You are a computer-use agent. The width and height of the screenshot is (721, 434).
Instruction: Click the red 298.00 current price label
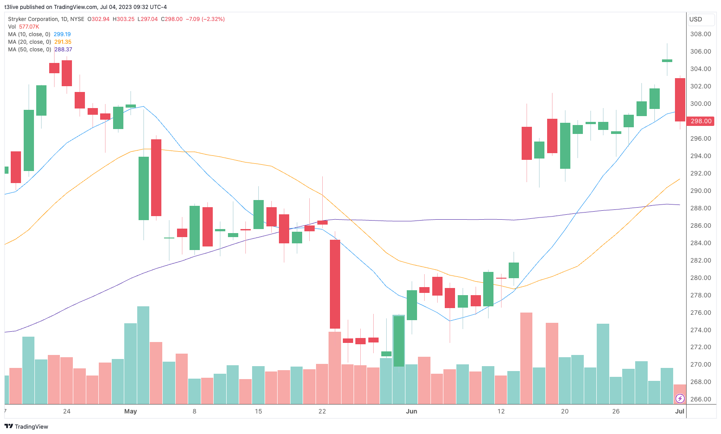[701, 121]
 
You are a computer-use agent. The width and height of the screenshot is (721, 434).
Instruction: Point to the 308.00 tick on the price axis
[700, 34]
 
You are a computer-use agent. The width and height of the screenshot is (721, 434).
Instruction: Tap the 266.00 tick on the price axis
[700, 399]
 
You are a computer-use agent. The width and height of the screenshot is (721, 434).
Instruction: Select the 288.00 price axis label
[700, 208]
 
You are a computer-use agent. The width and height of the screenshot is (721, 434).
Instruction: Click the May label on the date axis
[131, 411]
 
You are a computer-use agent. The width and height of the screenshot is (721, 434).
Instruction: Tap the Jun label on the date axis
[411, 411]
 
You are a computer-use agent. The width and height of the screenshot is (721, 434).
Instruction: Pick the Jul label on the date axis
[679, 411]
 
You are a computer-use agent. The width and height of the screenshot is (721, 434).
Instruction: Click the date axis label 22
[322, 411]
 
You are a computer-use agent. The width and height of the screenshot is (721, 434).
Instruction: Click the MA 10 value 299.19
[62, 34]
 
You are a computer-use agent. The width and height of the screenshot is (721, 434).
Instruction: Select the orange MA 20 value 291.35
[63, 42]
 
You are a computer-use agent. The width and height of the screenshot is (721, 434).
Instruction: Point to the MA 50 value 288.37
[63, 50]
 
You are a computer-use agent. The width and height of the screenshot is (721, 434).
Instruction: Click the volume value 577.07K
[29, 27]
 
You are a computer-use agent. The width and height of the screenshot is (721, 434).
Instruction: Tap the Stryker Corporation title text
[33, 19]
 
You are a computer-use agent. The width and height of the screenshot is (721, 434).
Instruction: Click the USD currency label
[696, 19]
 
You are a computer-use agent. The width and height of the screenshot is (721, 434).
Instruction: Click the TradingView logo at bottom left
[26, 426]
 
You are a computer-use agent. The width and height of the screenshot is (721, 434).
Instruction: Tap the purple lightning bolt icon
[680, 398]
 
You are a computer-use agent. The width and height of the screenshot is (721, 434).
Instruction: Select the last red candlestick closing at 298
[680, 100]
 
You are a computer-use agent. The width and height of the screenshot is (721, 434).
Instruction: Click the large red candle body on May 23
[335, 284]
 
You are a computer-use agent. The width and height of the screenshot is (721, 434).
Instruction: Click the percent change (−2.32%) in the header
[213, 19]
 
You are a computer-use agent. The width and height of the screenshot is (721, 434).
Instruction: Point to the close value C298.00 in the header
[172, 19]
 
